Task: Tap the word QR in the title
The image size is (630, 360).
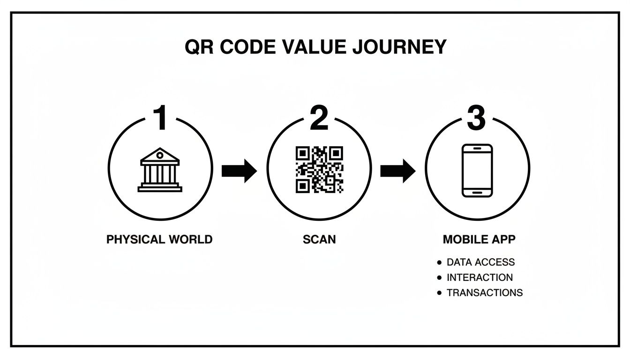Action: (x=199, y=47)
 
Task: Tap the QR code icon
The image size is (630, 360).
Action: (x=319, y=170)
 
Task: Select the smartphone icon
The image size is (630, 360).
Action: (x=477, y=170)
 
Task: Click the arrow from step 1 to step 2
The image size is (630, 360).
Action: (x=239, y=171)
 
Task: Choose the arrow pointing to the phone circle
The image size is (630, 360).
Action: (x=397, y=171)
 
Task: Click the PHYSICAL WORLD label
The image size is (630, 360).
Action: (x=159, y=240)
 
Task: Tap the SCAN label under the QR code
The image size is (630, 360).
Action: (x=319, y=240)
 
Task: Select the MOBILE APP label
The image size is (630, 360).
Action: (x=479, y=240)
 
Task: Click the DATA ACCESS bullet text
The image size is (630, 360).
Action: (x=480, y=262)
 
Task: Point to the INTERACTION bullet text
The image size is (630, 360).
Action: (x=480, y=277)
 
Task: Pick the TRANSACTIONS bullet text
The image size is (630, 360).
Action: (x=484, y=292)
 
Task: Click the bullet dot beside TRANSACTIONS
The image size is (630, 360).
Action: (x=439, y=292)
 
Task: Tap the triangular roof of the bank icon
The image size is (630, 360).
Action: (x=160, y=155)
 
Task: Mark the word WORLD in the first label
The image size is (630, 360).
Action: (x=190, y=240)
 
